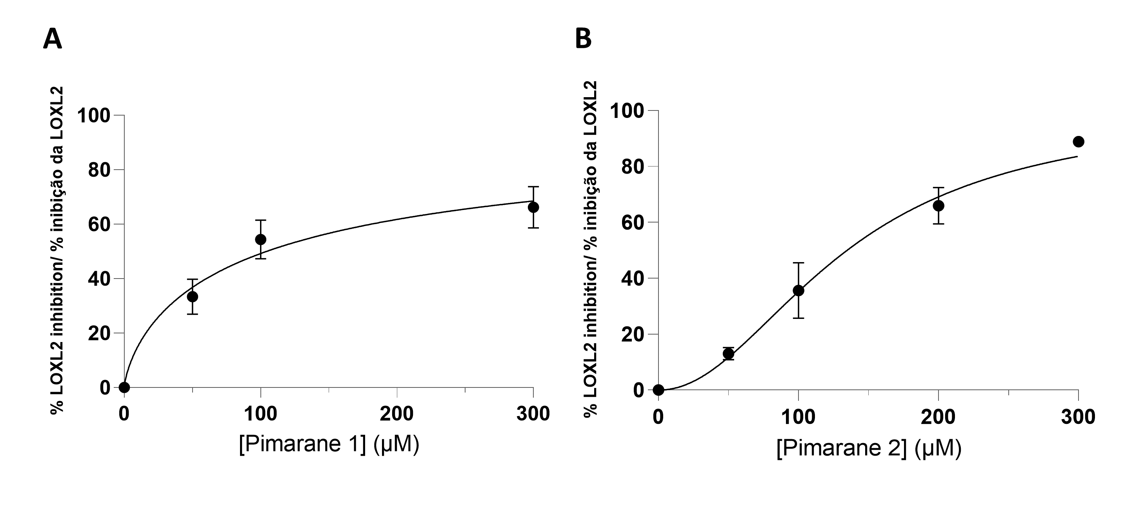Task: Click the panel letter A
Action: click(x=53, y=39)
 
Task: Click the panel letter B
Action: click(x=583, y=39)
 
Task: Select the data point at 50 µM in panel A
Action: click(x=192, y=297)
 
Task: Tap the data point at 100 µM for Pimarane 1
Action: click(x=261, y=239)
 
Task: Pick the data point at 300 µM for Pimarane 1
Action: click(x=533, y=207)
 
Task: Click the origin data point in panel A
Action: click(x=124, y=387)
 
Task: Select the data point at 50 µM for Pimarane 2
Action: click(x=728, y=354)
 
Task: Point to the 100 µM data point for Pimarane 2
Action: click(x=798, y=291)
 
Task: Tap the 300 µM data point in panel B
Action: click(x=1078, y=142)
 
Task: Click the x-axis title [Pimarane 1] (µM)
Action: click(x=329, y=444)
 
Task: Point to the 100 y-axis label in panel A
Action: click(x=93, y=115)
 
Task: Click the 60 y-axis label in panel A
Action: click(x=98, y=224)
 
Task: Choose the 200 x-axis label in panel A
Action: click(x=396, y=414)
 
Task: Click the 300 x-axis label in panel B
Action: click(x=1078, y=417)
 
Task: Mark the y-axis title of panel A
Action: click(x=57, y=251)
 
